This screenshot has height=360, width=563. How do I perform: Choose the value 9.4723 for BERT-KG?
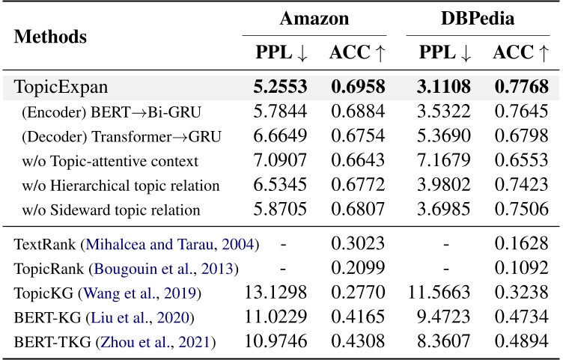(444, 318)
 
